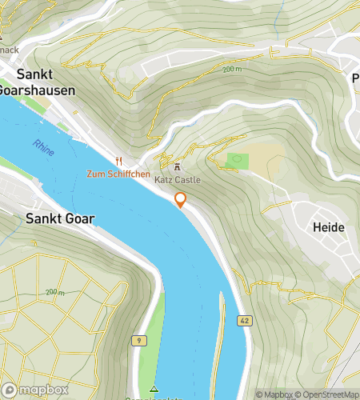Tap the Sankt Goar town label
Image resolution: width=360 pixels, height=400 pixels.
click(x=61, y=218)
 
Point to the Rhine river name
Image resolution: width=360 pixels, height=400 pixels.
click(x=44, y=147)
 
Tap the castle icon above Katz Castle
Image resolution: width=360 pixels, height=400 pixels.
click(x=177, y=167)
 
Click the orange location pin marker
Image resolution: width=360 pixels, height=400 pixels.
click(x=181, y=200)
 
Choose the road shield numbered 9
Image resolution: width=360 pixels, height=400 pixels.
click(x=140, y=340)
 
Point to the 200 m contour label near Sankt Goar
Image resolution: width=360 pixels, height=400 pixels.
click(x=55, y=293)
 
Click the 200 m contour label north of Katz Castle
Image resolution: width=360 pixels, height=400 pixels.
click(x=232, y=70)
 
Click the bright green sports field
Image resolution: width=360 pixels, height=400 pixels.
click(x=238, y=161)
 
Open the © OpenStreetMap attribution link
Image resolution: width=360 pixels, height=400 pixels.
click(x=328, y=394)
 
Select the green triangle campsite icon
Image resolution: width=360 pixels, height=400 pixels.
click(x=154, y=390)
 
